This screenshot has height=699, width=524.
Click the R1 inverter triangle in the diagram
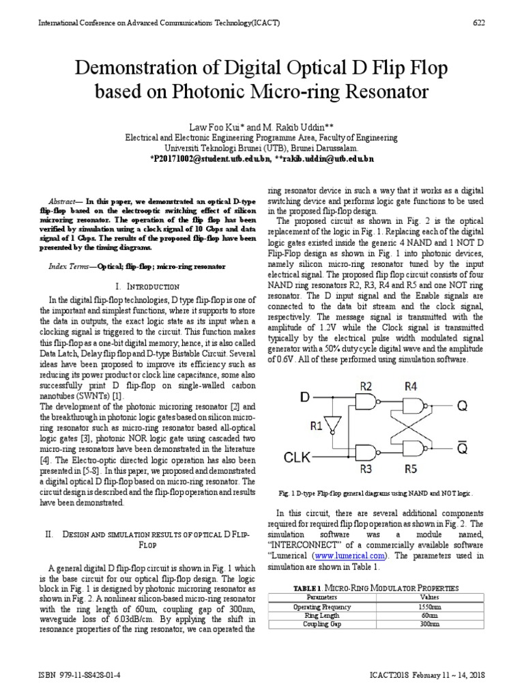tap(333, 424)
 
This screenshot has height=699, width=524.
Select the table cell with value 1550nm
tap(429, 606)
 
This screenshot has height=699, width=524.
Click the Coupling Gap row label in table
tap(322, 624)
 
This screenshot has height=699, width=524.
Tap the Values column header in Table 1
tap(429, 597)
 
